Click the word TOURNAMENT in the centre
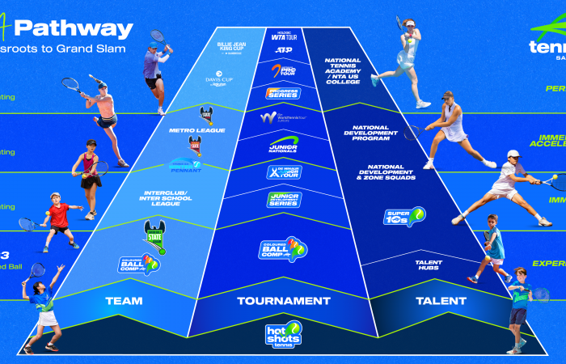coord(283,301)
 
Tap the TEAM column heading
coord(124,301)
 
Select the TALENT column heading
coord(441,301)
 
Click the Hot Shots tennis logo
coord(283,334)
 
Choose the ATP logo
coord(283,50)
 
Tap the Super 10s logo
coord(403,217)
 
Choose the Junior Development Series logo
coord(283,199)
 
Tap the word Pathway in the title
coord(73,30)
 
